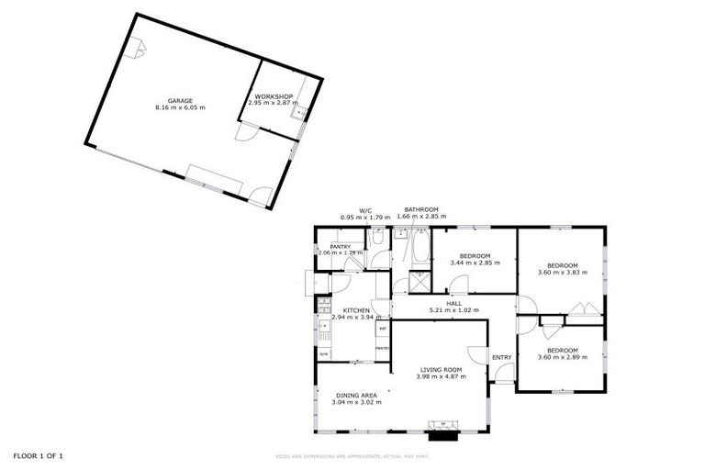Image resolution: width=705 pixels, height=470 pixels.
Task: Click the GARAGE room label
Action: tap(179, 100)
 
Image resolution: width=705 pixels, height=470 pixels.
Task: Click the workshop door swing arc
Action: tap(245, 133)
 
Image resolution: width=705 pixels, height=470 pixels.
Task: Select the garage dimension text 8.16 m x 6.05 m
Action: tap(179, 107)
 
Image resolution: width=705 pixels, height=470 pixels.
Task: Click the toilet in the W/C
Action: tap(377, 239)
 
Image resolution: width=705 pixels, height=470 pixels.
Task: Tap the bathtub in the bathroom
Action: tap(420, 247)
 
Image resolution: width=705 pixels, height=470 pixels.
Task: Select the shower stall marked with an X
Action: tap(418, 281)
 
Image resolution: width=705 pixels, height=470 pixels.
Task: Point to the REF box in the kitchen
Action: tap(382, 329)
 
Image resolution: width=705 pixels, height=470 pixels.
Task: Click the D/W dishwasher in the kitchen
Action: tap(323, 352)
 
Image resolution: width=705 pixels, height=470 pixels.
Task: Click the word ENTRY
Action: tap(501, 357)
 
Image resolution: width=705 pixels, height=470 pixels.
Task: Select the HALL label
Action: tap(453, 303)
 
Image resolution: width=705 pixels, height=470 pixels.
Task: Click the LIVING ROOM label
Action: tap(438, 369)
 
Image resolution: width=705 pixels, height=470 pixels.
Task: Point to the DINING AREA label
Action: tap(356, 395)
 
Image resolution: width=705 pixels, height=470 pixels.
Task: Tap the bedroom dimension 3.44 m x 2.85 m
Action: tap(475, 263)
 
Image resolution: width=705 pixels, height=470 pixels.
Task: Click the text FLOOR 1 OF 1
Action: tap(38, 455)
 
